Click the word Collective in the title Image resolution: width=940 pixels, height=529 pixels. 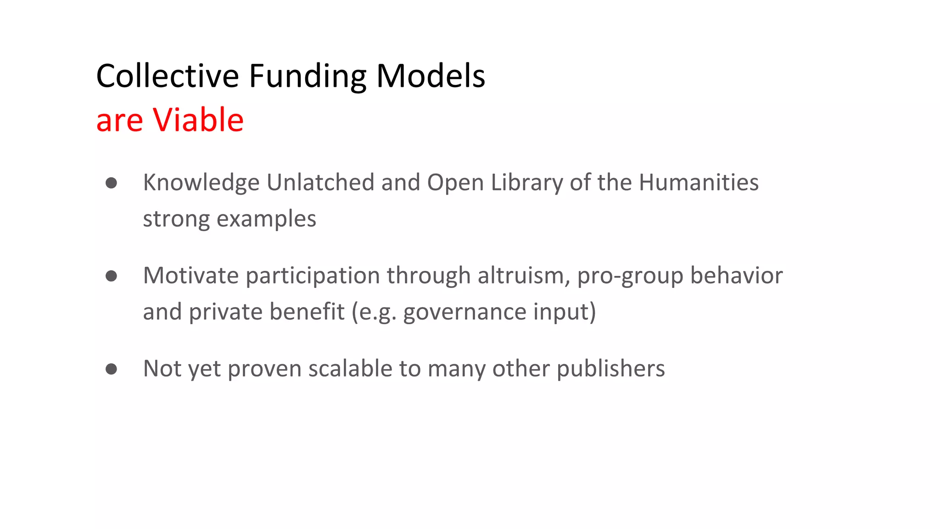[x=168, y=76]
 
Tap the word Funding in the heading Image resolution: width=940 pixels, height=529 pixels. [x=308, y=77]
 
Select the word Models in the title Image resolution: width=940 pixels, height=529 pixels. [x=431, y=76]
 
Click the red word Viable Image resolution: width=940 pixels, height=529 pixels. [x=198, y=120]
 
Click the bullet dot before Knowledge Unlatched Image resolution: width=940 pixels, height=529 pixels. [x=111, y=183]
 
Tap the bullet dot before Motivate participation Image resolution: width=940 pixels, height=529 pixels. [x=111, y=276]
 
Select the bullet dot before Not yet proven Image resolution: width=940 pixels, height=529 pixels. [x=111, y=369]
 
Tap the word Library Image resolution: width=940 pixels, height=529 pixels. [x=527, y=183]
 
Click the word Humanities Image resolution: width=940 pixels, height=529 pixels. [x=699, y=182]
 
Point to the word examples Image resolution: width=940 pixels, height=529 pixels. [x=266, y=219]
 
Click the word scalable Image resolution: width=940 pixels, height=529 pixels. [x=350, y=368]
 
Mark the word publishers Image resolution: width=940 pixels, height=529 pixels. [x=610, y=369]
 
